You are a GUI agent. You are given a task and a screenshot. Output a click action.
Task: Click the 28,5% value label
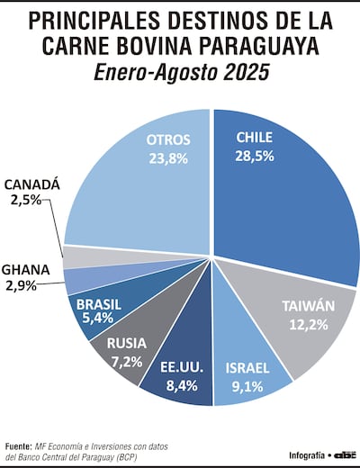coord(256,157)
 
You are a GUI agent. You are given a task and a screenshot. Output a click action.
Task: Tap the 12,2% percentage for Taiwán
coord(309,325)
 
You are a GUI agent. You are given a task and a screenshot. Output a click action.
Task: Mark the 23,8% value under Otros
coord(167,157)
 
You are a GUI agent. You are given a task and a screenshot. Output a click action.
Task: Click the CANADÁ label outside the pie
coord(32,184)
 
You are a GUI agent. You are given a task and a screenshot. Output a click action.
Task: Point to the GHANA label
coord(26,268)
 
